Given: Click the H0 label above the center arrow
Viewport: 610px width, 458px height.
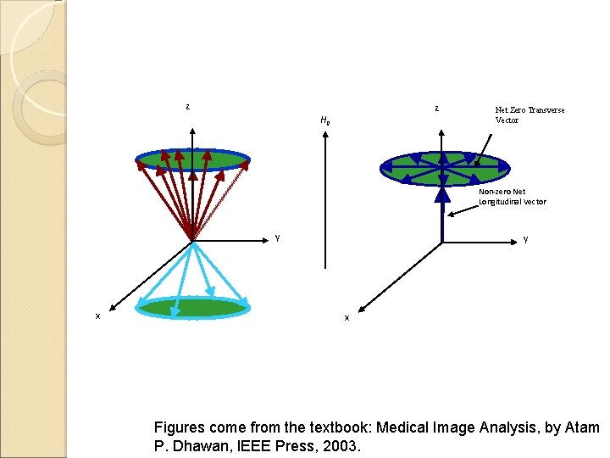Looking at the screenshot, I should [324, 120].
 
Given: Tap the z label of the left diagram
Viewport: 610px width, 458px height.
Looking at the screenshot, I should [187, 107].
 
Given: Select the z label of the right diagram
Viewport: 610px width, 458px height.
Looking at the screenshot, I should [436, 108].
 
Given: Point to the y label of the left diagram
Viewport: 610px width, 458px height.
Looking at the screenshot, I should [277, 237].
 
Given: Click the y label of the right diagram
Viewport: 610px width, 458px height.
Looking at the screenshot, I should [525, 238].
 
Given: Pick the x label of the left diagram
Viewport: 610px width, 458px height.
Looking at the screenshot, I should [97, 316].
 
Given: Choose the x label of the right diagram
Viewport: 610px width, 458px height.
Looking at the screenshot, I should [346, 317].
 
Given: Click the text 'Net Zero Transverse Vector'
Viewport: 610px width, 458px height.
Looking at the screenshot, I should [530, 114].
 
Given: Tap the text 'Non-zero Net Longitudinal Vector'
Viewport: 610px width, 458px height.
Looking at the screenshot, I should [513, 197].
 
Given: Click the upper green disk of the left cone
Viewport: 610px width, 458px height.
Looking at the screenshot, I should [193, 160].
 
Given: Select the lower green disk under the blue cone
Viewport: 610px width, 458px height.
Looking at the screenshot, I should [193, 307].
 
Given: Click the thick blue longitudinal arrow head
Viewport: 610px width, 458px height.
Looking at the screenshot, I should [441, 195].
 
